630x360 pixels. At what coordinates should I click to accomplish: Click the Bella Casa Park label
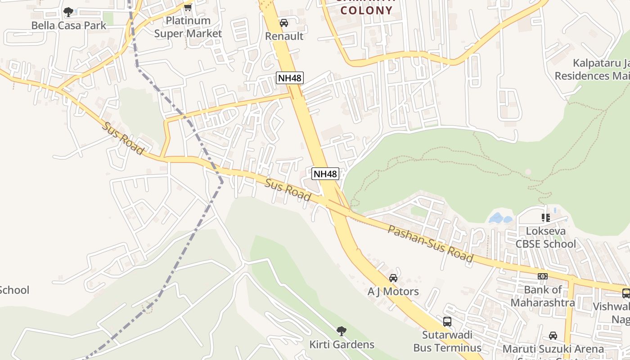(x=68, y=25)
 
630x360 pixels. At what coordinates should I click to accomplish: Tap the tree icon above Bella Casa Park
(x=68, y=12)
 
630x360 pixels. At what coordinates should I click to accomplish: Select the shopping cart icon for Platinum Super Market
(x=188, y=7)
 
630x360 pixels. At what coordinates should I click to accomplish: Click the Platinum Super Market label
(x=188, y=27)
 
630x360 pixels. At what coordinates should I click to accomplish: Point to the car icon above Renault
(x=284, y=23)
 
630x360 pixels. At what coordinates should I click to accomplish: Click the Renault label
(x=284, y=36)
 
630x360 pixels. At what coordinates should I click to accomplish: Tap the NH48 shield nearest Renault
(x=289, y=78)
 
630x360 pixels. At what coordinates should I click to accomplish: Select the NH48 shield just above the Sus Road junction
(x=325, y=174)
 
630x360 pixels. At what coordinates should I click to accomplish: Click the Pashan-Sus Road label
(x=430, y=244)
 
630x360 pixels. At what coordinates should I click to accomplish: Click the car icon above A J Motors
(x=393, y=278)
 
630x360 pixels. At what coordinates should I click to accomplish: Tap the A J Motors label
(x=393, y=292)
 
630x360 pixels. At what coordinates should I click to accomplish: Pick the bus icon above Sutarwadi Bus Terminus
(x=447, y=321)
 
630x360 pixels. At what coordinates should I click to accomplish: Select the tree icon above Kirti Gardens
(x=342, y=331)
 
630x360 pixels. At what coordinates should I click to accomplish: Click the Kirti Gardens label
(x=342, y=345)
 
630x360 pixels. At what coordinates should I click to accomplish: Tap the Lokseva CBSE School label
(x=545, y=238)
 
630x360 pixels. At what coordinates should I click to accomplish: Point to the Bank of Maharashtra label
(x=543, y=296)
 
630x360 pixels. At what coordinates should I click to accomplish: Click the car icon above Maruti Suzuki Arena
(x=553, y=336)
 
